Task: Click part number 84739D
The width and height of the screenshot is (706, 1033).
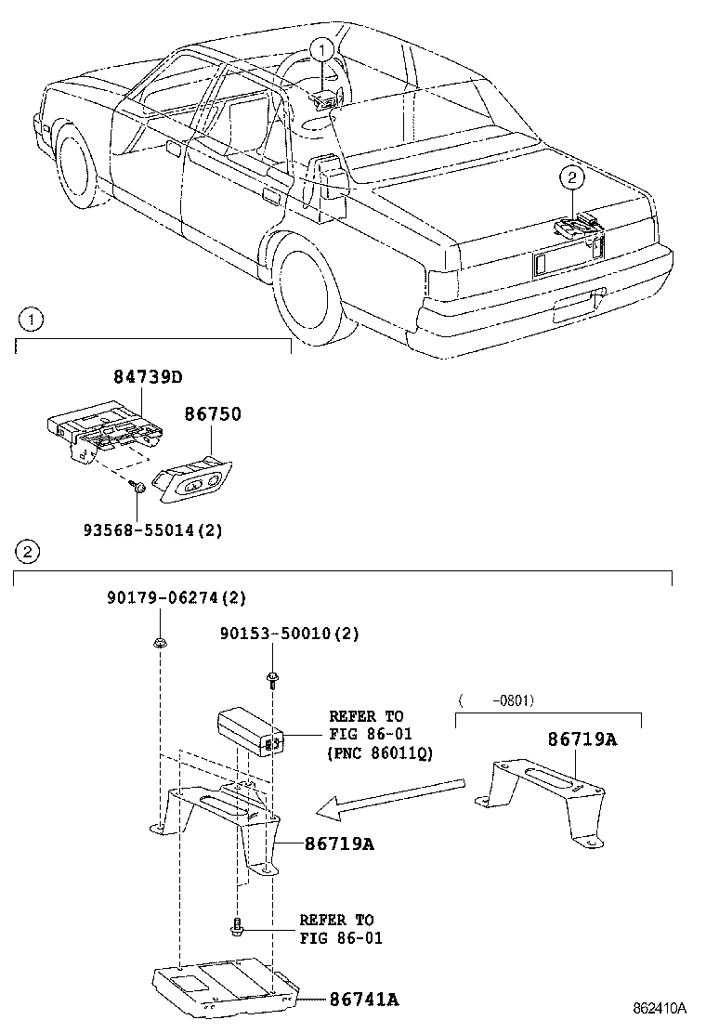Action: (148, 377)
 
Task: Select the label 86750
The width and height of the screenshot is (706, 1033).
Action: (212, 413)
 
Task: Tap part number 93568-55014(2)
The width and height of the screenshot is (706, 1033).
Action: (152, 530)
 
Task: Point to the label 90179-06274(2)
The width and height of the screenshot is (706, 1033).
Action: (176, 597)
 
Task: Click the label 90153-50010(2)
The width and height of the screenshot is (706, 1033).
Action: (289, 634)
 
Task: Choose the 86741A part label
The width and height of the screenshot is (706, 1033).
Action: (363, 1000)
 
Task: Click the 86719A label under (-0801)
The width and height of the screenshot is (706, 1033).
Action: (582, 739)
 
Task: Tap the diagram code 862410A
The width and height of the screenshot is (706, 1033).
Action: (660, 1008)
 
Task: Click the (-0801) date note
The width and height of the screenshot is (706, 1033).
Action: (496, 700)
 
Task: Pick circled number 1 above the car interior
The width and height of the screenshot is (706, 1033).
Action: (321, 48)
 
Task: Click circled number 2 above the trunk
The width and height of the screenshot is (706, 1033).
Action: (571, 177)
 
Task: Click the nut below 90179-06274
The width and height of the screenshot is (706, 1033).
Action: (159, 641)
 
